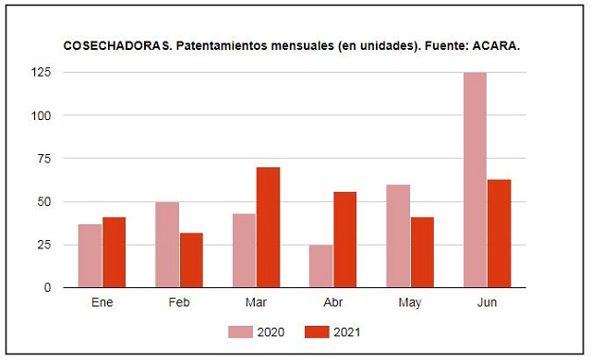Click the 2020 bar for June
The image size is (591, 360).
475,180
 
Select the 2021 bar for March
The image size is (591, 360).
268,227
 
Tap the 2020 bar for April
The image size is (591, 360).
320,266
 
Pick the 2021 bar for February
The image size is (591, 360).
191,260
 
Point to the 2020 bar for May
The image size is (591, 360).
398,236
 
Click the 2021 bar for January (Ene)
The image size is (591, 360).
115,252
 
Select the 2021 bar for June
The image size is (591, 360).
500,234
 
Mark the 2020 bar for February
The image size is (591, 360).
167,245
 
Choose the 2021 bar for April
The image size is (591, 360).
344,239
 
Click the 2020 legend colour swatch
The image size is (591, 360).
240,332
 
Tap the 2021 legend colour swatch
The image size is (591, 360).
317,332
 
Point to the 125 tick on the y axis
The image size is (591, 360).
41,72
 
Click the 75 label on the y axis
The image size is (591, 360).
43,159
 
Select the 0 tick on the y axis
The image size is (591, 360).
47,288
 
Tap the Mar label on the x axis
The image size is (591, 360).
256,303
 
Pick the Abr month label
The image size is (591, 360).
333,303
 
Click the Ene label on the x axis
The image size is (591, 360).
103,303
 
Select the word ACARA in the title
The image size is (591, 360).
496,46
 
